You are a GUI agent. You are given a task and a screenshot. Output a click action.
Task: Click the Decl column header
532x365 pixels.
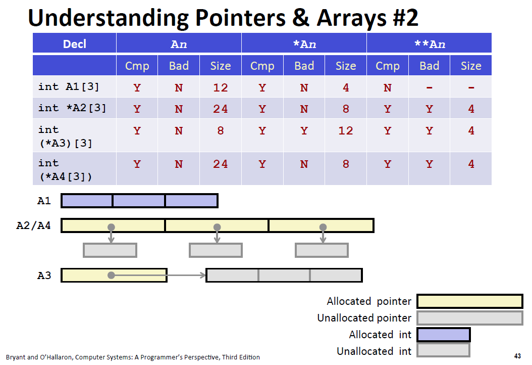coord(75,44)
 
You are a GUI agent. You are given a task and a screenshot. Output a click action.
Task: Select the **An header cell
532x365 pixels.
coord(430,44)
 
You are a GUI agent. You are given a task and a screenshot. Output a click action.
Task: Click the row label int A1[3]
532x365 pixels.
coord(69,86)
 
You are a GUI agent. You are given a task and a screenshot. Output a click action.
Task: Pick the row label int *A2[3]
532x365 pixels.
coord(72,108)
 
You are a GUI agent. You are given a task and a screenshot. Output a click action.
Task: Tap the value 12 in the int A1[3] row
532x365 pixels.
coord(221,87)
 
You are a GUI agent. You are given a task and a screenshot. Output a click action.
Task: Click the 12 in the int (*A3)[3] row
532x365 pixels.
coord(346,130)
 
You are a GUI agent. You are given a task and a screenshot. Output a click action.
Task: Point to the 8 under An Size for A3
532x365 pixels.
coord(221,130)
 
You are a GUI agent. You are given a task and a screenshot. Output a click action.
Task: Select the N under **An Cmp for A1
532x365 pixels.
coord(388,87)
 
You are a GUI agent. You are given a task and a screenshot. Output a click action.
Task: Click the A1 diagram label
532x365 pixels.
coord(44,201)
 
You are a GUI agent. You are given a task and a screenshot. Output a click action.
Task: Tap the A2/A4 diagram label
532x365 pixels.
coord(34,225)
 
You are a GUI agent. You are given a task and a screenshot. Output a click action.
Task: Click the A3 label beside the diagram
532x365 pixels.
coord(44,275)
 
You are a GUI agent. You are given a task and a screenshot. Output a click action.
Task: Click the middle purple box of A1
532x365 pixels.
coord(139,201)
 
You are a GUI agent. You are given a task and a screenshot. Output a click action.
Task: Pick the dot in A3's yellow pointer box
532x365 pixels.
coord(111,276)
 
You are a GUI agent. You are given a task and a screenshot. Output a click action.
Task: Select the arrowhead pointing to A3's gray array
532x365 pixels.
coord(203,276)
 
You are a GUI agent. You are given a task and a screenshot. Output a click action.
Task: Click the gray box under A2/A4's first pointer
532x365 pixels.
coord(110,250)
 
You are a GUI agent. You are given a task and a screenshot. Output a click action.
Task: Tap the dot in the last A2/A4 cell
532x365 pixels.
coord(323,227)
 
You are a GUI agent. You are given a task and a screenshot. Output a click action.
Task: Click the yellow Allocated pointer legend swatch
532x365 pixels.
coord(470,301)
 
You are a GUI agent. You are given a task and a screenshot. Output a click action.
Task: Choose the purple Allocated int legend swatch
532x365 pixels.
coord(444,335)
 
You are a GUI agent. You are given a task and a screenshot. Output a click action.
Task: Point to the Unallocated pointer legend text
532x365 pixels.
coord(364,318)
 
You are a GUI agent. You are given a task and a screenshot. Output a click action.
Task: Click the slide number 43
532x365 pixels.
coord(517,356)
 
